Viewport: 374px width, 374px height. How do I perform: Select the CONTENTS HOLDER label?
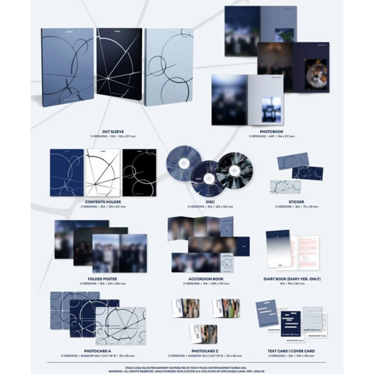tap(102, 202)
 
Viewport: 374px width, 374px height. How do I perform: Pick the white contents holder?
tap(103, 172)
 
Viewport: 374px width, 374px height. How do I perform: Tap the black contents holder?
tap(139, 172)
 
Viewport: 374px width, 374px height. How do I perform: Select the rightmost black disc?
tap(235, 170)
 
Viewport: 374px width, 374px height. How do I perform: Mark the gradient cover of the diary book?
tap(277, 250)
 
